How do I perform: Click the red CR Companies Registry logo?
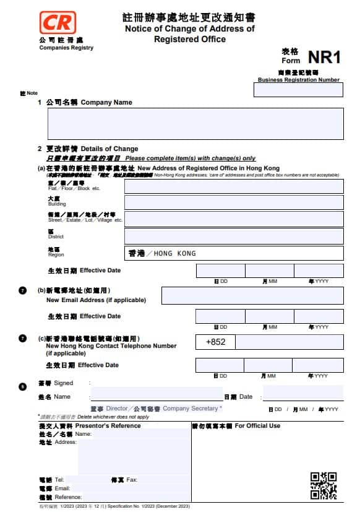pyautogui.click(x=57, y=23)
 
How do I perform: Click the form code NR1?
pyautogui.click(x=324, y=58)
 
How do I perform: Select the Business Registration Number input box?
pyautogui.click(x=298, y=90)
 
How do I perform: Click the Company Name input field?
pyautogui.click(x=195, y=123)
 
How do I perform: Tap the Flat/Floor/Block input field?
pyautogui.click(x=234, y=186)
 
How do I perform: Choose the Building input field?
pyautogui.click(x=234, y=202)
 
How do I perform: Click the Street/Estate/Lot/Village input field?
pyautogui.click(x=234, y=219)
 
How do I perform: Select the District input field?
pyautogui.click(x=234, y=236)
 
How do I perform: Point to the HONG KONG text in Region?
pyautogui.click(x=174, y=253)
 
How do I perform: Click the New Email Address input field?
pyautogui.click(x=252, y=296)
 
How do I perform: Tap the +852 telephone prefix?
pyautogui.click(x=215, y=342)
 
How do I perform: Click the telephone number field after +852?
pyautogui.click(x=289, y=342)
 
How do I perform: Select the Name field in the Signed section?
pyautogui.click(x=156, y=394)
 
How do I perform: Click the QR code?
pyautogui.click(x=324, y=485)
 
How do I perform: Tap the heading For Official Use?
pyautogui.click(x=257, y=426)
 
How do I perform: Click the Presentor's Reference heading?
pyautogui.click(x=107, y=426)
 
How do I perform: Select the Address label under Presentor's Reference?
pyautogui.click(x=65, y=443)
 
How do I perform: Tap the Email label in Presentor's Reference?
pyautogui.click(x=62, y=488)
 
